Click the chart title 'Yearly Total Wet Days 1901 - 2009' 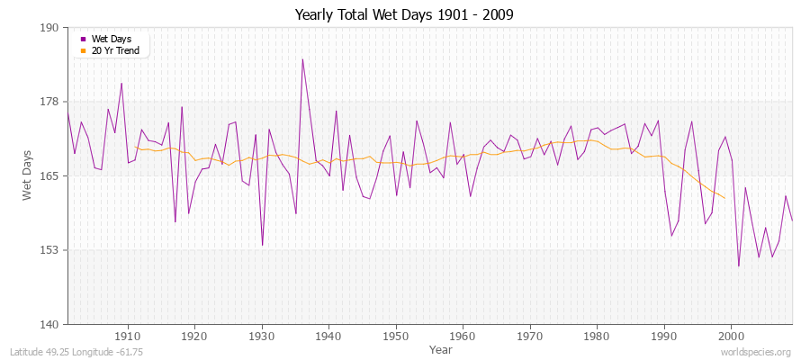coord(404,15)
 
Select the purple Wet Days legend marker coord(84,39)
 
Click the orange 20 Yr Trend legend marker coord(84,50)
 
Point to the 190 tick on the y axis coord(49,28)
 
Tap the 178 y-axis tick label coord(49,102)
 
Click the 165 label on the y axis coord(49,176)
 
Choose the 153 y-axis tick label coord(49,250)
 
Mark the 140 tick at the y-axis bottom coord(49,324)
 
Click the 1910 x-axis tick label coord(128,336)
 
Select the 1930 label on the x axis coord(262,336)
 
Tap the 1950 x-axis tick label coord(396,336)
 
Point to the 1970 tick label coord(530,336)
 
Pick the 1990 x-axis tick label coord(664,336)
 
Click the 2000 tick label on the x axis coord(731,336)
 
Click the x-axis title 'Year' coord(441,349)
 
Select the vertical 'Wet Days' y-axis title coord(27,175)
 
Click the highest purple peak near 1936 coord(302,59)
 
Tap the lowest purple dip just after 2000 coord(738,265)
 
